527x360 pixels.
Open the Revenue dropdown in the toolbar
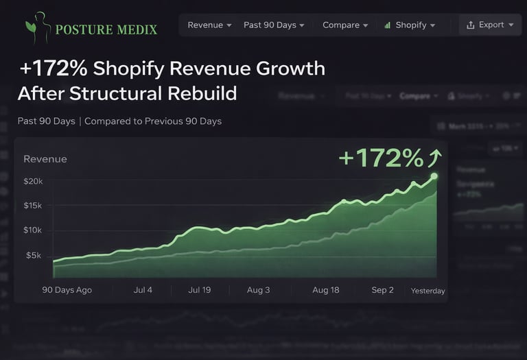[209, 25]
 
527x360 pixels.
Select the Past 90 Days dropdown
[274, 25]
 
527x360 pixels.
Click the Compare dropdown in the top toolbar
[345, 25]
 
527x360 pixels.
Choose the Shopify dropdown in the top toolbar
[410, 25]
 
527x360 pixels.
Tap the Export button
[490, 25]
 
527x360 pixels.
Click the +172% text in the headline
[54, 69]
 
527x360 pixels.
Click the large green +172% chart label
[381, 158]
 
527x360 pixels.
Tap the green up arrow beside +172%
[434, 158]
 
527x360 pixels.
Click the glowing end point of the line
[434, 176]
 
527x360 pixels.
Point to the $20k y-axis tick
[33, 181]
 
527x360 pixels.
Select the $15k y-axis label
[33, 206]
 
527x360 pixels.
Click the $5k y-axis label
[34, 255]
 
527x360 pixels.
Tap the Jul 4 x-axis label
[143, 290]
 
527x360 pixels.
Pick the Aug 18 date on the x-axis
[325, 290]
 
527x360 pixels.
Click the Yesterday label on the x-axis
[428, 291]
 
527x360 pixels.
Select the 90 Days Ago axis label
[67, 290]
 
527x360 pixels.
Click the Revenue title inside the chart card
[45, 159]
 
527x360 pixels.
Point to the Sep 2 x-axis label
[382, 290]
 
